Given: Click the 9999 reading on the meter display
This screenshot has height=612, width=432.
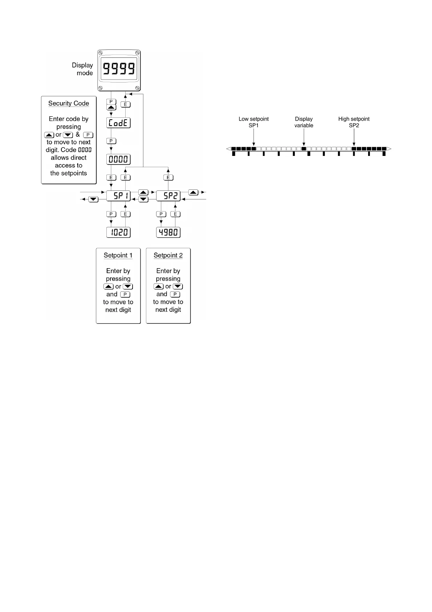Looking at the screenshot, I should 119,68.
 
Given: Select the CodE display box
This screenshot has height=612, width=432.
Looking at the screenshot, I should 118,123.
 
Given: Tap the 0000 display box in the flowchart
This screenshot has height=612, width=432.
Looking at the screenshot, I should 118,159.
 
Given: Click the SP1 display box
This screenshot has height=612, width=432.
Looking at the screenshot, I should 118,196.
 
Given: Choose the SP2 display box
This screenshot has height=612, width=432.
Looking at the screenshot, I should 168,196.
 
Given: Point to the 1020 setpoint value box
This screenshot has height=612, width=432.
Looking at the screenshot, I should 118,233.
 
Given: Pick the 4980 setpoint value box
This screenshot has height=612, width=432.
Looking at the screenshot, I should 168,233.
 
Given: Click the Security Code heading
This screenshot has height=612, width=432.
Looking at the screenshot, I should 69,104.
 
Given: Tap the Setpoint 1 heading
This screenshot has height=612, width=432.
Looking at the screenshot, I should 118,255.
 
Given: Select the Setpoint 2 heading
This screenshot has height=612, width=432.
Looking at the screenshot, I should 168,255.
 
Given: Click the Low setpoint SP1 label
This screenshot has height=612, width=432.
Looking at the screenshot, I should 254,122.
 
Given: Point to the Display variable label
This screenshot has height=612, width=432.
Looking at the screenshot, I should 304,122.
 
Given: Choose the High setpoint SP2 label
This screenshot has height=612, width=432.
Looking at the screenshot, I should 354,122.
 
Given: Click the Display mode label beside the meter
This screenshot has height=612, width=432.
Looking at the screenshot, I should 83,69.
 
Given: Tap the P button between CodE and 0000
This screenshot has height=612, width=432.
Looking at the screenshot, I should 111,141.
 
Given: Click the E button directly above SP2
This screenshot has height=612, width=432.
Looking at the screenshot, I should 168,178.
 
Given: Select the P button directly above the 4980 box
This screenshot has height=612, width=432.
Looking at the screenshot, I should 161,214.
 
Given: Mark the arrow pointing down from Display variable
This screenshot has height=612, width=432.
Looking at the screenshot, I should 304,138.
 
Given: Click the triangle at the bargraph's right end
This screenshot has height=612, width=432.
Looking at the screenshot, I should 389,149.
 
